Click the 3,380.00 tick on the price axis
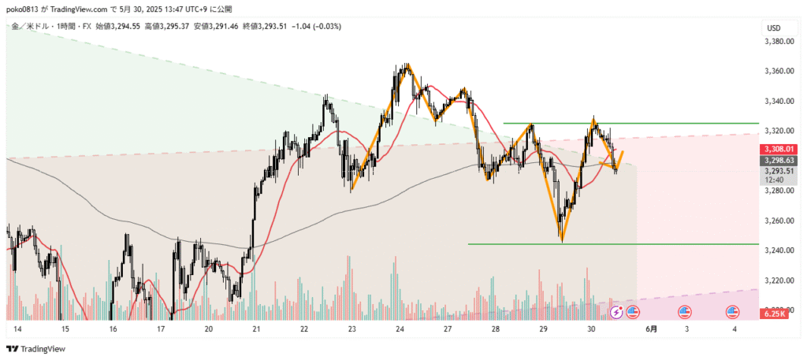(779, 41)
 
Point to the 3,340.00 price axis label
(779, 101)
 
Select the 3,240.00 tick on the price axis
(779, 251)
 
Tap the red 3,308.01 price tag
(779, 149)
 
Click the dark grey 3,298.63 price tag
(779, 160)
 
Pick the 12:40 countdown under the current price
(773, 180)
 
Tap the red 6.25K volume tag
(774, 314)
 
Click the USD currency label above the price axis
(773, 28)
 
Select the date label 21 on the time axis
(256, 329)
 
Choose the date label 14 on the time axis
(17, 329)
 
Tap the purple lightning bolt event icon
(616, 312)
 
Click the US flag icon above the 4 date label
(732, 312)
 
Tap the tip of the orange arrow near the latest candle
(623, 151)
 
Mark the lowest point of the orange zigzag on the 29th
(562, 239)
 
